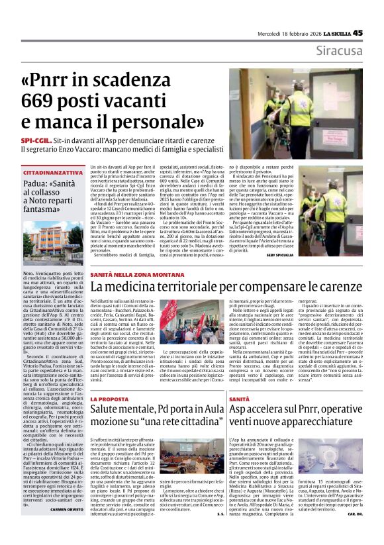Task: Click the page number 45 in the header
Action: (x=376, y=32)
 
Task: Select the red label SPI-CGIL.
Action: (x=56, y=141)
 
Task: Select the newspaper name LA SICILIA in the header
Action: (x=342, y=32)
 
